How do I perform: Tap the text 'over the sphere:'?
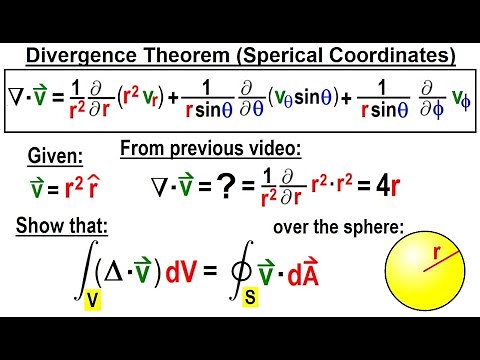337,227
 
